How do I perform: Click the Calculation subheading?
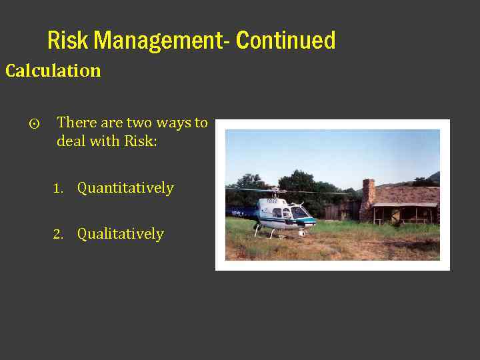point(53,71)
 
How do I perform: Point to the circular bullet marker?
point(35,124)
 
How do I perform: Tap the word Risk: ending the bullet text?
point(140,141)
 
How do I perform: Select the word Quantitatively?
point(125,189)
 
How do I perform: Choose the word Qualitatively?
point(120,234)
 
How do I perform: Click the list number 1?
point(58,189)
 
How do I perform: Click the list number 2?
point(58,235)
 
